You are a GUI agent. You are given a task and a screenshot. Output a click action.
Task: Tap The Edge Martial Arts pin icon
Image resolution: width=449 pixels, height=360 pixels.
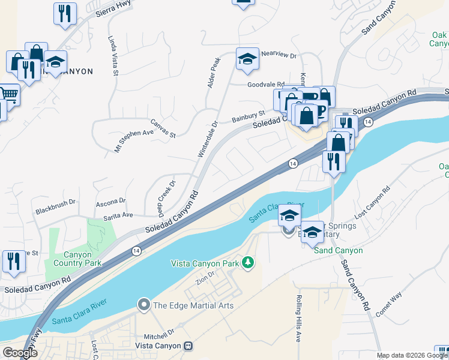pos(144,305)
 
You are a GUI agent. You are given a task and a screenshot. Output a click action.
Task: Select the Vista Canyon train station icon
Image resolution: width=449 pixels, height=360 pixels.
pos(189,346)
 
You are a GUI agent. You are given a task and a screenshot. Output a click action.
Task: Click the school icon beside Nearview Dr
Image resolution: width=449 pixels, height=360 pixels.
pos(247,59)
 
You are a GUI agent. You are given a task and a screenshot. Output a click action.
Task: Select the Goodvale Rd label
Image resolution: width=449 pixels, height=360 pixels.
pos(266,85)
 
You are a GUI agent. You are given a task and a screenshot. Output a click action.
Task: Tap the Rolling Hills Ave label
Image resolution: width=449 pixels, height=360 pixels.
pos(298,318)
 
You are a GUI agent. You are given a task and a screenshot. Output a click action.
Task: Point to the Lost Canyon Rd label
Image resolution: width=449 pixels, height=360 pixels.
pos(372,202)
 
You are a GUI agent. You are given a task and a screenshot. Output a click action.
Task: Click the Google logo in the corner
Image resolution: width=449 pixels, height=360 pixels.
pos(20,353)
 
